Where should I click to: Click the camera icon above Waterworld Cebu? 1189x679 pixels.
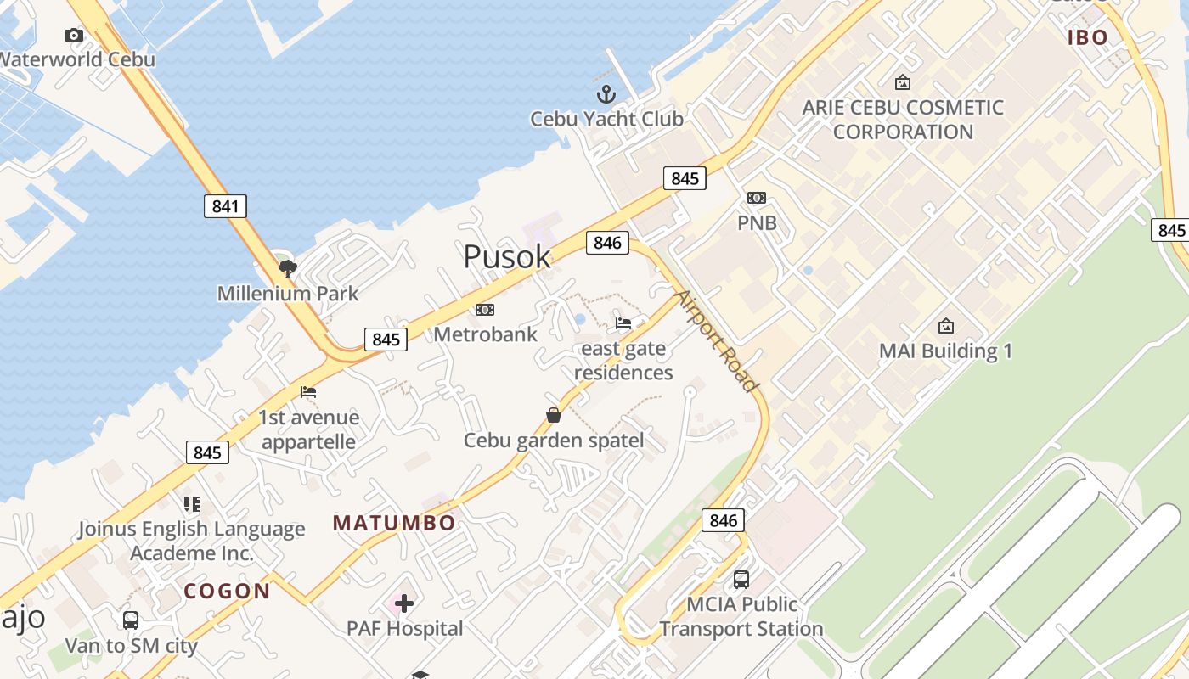click(x=74, y=35)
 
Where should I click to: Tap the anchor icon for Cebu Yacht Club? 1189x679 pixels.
click(x=606, y=93)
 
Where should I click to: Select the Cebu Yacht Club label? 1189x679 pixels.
click(x=606, y=119)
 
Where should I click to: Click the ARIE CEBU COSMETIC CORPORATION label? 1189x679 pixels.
click(x=903, y=120)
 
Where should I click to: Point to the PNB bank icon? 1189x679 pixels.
click(x=756, y=198)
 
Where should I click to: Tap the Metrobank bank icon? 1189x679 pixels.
click(x=485, y=310)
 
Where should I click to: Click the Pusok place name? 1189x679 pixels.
click(x=506, y=256)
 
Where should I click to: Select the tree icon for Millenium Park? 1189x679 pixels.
click(x=288, y=269)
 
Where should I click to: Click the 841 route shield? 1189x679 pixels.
click(x=225, y=205)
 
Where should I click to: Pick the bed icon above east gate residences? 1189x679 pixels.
click(x=623, y=323)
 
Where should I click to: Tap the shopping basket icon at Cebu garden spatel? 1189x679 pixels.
click(x=554, y=415)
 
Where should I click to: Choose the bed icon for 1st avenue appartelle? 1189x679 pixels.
click(x=308, y=392)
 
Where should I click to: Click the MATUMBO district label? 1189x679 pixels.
click(x=394, y=523)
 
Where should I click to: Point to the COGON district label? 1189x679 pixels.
click(x=227, y=592)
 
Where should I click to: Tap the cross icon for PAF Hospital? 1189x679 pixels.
click(x=404, y=603)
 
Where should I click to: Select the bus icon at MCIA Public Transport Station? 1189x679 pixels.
click(x=741, y=580)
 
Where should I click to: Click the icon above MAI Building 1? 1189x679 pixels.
click(x=945, y=326)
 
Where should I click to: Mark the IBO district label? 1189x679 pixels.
click(x=1088, y=37)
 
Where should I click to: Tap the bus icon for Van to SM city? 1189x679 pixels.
click(x=131, y=620)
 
